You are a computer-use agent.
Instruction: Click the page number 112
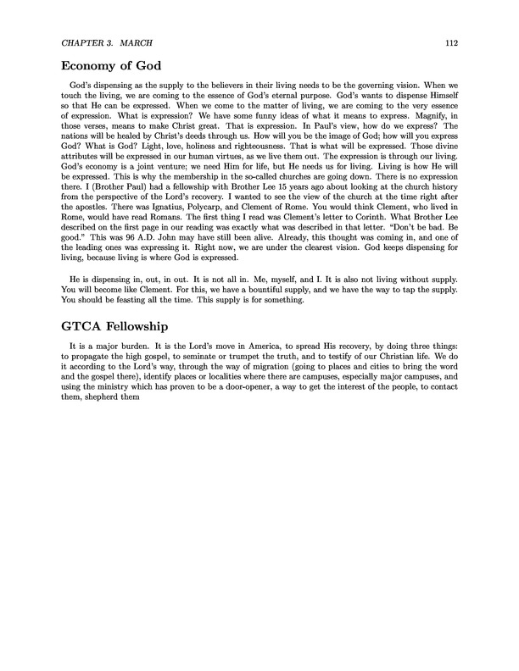click(x=452, y=42)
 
